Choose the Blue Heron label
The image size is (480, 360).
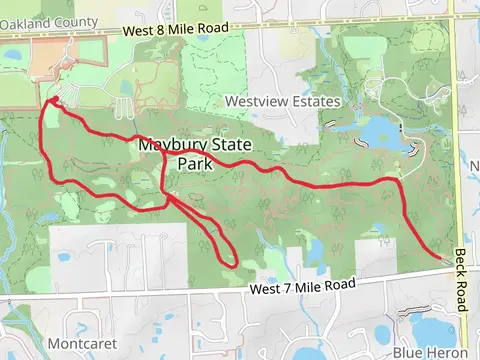[426, 353]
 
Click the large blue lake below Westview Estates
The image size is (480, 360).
[377, 132]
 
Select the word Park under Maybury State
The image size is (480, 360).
[196, 163]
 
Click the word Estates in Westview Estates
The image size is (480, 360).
[313, 102]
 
